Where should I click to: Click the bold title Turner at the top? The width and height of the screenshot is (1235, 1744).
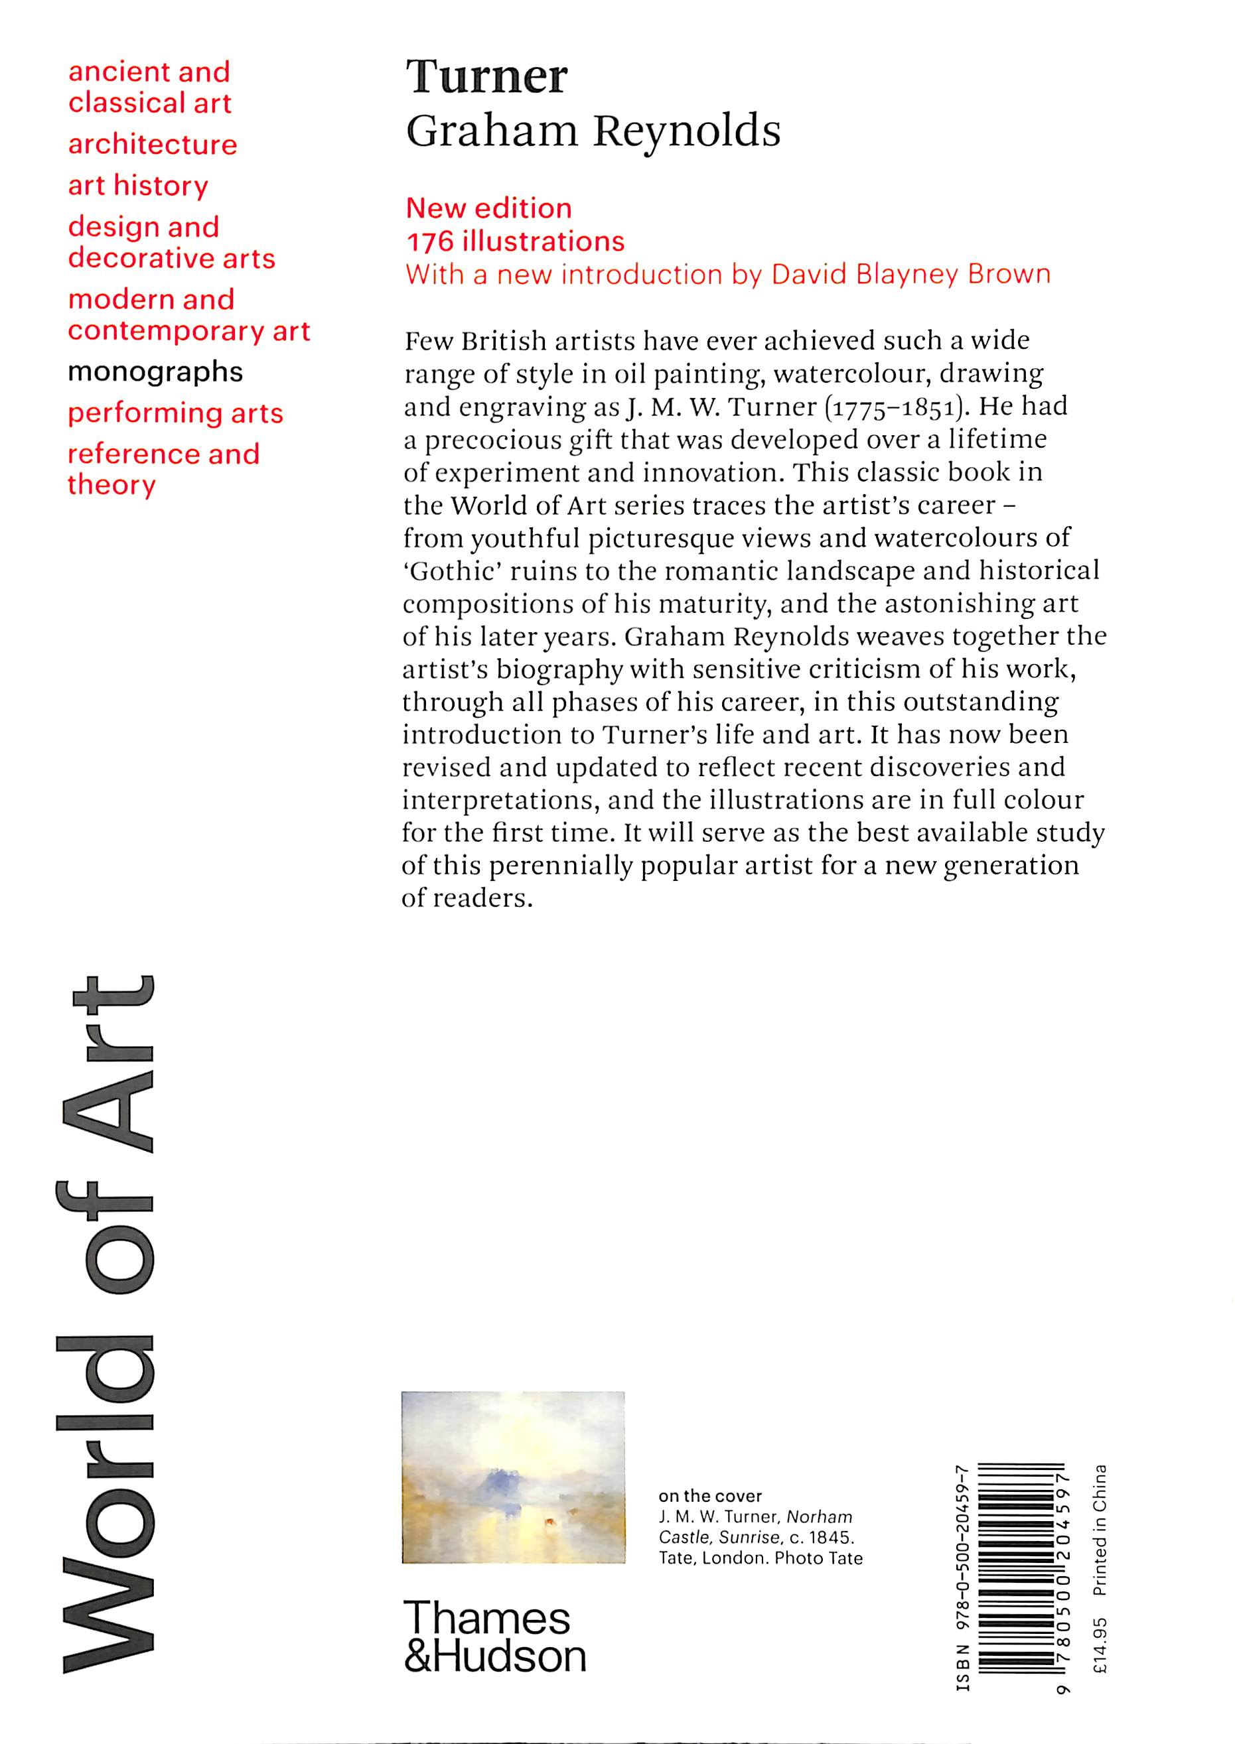(x=486, y=77)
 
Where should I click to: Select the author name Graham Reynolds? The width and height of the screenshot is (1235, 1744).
(x=593, y=131)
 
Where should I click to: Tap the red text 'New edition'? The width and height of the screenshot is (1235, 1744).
(x=488, y=208)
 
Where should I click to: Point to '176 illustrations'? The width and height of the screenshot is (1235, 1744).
(x=515, y=241)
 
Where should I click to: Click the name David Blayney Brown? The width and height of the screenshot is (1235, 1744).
(x=910, y=275)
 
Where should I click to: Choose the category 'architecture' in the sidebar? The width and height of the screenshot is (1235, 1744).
(x=152, y=145)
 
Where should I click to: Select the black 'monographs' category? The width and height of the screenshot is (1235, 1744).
(x=155, y=371)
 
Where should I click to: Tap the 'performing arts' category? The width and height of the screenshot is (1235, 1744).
(x=175, y=413)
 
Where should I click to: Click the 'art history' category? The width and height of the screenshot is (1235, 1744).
(x=137, y=186)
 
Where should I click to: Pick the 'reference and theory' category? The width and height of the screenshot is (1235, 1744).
(x=163, y=469)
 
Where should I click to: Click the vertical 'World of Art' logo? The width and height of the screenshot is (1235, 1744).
(x=106, y=1322)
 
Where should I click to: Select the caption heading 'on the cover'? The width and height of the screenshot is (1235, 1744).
(x=709, y=1496)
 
